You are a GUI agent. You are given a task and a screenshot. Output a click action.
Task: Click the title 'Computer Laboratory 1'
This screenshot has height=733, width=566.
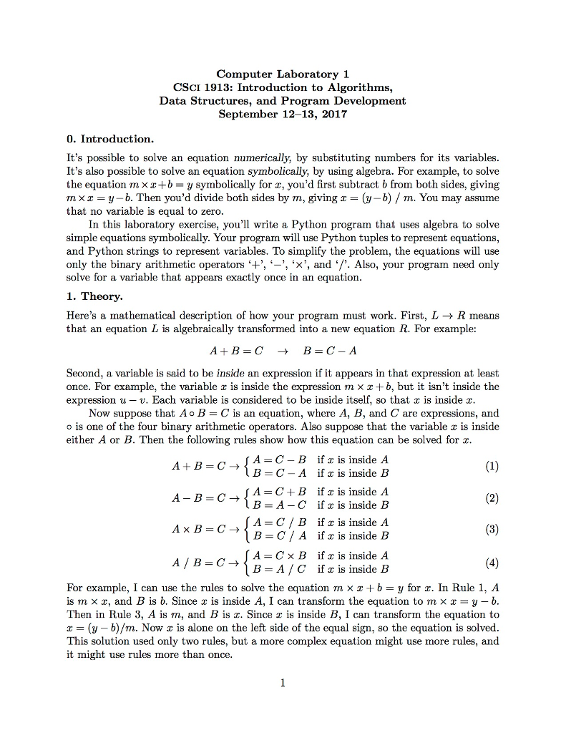click(283, 74)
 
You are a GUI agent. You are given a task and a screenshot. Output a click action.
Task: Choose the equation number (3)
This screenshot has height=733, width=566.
click(491, 529)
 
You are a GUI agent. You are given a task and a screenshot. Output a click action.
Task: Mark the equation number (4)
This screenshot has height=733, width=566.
click(491, 562)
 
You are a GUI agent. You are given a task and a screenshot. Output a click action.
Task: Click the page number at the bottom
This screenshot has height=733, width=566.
click(283, 682)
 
